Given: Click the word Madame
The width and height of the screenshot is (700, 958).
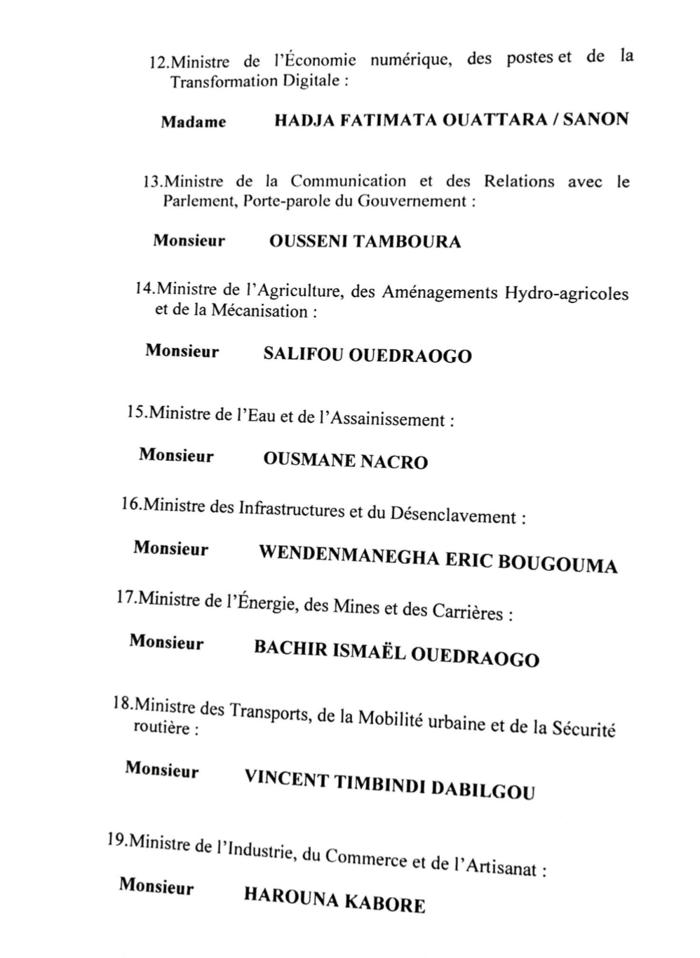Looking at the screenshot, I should pos(194,122).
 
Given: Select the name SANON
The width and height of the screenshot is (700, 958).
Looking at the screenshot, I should pos(595,119).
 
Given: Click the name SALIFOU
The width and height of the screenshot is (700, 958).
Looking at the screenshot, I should pos(303,353).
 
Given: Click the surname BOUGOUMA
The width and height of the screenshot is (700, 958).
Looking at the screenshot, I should pos(558,565).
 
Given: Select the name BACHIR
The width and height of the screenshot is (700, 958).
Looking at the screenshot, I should pos(290,648).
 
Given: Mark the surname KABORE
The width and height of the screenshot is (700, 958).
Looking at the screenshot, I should pos(393,903).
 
